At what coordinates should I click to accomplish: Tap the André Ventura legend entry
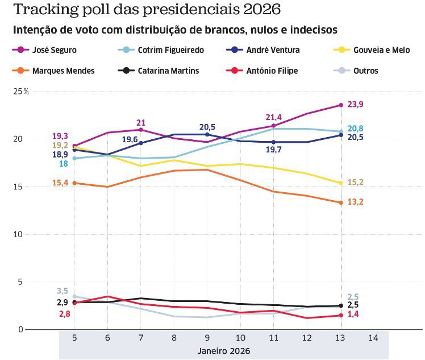pyautogui.click(x=273, y=50)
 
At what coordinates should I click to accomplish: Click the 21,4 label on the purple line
pyautogui.click(x=274, y=117)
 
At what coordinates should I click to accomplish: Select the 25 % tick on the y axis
pyautogui.click(x=22, y=92)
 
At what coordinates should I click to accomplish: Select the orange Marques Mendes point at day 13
pyautogui.click(x=340, y=202)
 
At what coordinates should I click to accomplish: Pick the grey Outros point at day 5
pyautogui.click(x=74, y=296)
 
